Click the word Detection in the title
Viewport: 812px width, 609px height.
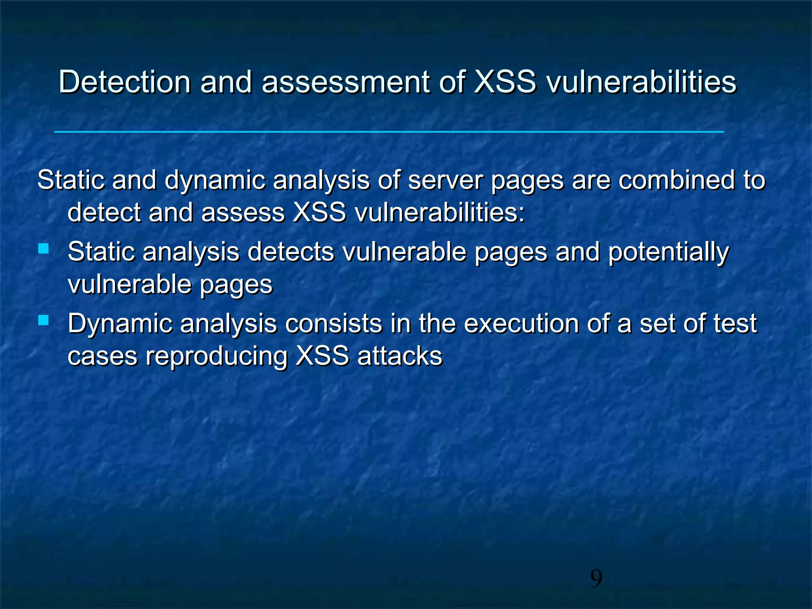(x=124, y=82)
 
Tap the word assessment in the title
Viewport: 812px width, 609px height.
(x=345, y=82)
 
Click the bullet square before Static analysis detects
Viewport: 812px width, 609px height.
(x=44, y=249)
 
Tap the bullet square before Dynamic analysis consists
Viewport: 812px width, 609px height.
(x=44, y=320)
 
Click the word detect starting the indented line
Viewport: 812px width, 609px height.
(x=104, y=213)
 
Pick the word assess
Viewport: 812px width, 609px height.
(x=243, y=213)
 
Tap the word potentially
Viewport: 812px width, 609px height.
(x=668, y=253)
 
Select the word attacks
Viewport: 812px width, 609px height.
(x=400, y=356)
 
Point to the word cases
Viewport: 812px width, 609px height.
(x=102, y=356)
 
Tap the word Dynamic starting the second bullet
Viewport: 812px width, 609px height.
(x=120, y=324)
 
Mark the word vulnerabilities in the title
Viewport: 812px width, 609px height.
(x=641, y=82)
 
